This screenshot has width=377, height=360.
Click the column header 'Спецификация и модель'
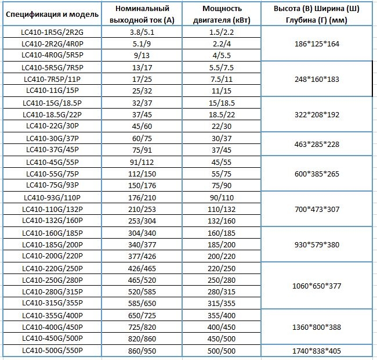click(x=52, y=14)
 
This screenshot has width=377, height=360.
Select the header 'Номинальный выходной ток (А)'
click(x=142, y=14)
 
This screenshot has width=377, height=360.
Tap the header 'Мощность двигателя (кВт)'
click(x=222, y=14)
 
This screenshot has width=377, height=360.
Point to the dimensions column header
click(x=317, y=14)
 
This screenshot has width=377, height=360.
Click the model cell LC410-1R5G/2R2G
click(x=52, y=32)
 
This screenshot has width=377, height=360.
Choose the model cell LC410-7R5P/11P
click(x=52, y=79)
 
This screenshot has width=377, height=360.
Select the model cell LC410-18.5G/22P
click(x=52, y=114)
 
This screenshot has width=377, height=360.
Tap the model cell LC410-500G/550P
click(x=52, y=350)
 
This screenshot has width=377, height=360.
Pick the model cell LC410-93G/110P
click(x=52, y=197)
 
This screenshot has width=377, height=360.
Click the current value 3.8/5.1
click(x=142, y=32)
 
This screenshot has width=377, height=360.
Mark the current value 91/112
click(x=142, y=162)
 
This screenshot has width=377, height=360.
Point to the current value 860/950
click(x=142, y=351)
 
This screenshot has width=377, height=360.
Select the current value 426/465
click(x=142, y=268)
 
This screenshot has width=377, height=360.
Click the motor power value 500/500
click(x=222, y=351)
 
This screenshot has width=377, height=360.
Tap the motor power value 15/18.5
click(x=222, y=103)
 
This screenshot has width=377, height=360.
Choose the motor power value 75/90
click(x=222, y=185)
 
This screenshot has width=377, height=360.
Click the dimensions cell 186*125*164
click(x=317, y=44)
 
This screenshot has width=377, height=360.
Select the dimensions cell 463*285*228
click(x=317, y=144)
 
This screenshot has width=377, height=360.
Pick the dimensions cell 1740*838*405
click(x=317, y=351)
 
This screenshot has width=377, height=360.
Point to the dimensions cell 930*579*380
click(x=317, y=244)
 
